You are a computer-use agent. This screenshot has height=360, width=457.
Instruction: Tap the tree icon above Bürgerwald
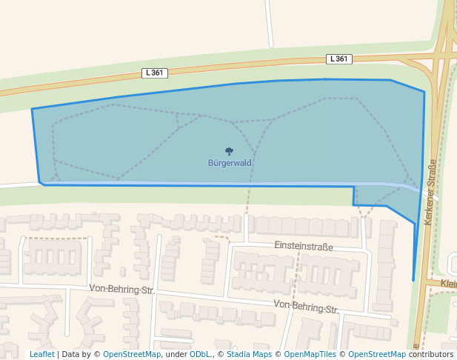[x=228, y=152]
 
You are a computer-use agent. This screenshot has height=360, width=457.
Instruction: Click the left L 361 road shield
[x=155, y=73]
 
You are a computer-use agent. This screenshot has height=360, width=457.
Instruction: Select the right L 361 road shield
[x=338, y=59]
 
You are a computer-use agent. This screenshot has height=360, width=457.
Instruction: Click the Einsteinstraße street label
[x=304, y=245]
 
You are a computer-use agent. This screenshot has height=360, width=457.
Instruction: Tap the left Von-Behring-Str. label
[x=121, y=288]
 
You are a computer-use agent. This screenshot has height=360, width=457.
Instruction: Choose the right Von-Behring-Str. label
[x=306, y=305]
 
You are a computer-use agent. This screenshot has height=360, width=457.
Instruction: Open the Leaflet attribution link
[x=41, y=354]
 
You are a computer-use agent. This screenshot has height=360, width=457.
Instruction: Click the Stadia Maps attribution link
[x=249, y=354]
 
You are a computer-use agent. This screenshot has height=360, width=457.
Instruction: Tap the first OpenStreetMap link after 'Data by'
[x=132, y=354]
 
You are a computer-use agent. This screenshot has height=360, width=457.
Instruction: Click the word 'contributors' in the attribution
[x=431, y=354]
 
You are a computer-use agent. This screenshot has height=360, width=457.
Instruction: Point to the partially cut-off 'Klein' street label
[x=447, y=283]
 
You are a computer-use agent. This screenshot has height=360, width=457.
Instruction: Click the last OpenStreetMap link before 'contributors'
[x=377, y=354]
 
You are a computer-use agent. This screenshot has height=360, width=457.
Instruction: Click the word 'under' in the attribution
[x=176, y=354]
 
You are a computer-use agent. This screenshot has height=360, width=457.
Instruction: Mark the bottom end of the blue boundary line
[x=413, y=280]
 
